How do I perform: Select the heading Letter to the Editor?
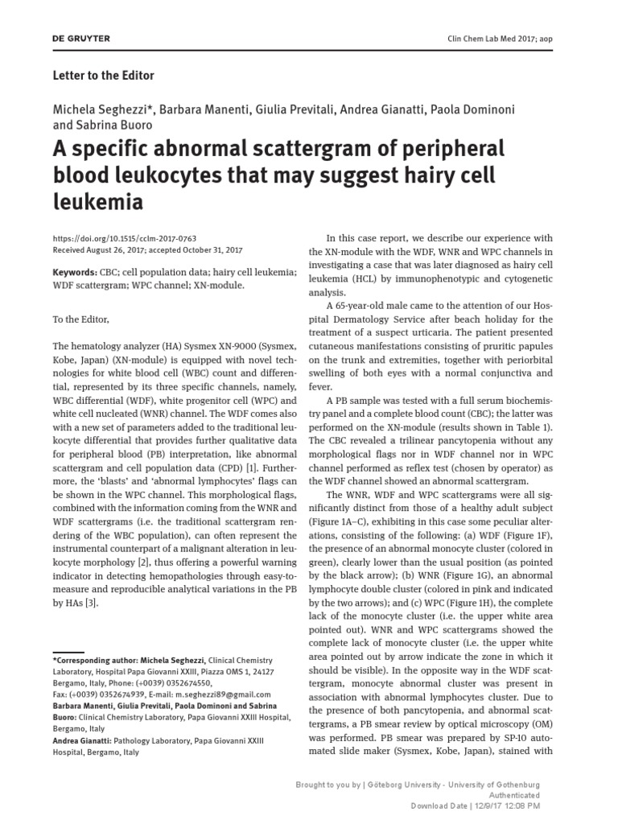103,76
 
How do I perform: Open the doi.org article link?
124,239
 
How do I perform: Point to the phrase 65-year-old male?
377,307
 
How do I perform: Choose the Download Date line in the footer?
476,805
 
